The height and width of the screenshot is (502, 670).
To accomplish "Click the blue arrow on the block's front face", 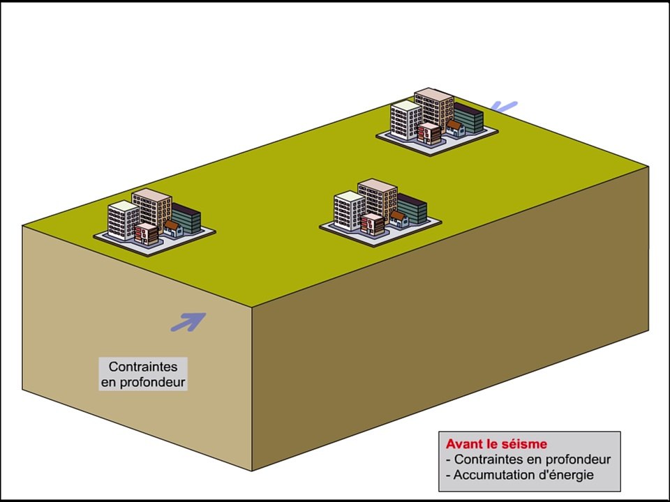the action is [188, 322].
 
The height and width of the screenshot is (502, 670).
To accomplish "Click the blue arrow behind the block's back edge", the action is [504, 106].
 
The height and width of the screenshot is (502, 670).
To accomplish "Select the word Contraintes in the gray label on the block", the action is [143, 367].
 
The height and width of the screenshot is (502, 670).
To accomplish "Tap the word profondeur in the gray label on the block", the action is [153, 382].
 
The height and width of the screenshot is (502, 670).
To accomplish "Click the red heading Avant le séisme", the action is [496, 444].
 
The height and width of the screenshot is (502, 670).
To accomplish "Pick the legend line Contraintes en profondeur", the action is [528, 459].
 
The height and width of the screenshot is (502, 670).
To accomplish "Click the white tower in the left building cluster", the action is [124, 220].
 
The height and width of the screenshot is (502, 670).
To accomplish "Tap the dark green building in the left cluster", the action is [187, 218].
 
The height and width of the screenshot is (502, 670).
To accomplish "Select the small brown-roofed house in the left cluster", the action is [174, 229].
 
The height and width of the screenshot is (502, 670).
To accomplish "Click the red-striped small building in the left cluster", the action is [147, 234].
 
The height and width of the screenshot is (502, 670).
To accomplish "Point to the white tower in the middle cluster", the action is [349, 211].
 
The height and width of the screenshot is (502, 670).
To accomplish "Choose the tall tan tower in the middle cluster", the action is [378, 199].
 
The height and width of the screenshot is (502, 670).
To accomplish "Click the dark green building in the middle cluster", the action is [412, 208].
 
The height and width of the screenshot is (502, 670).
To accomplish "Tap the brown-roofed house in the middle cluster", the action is [399, 219].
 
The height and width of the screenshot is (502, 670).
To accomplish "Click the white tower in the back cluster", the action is [406, 120].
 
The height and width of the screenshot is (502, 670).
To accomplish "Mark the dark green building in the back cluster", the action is [469, 118].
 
